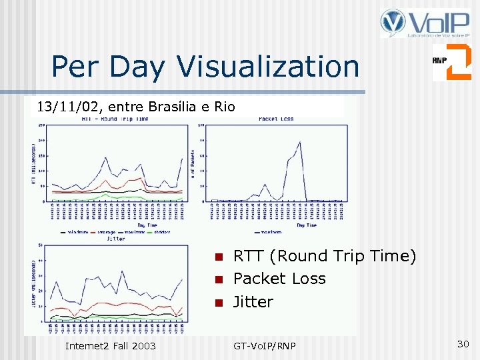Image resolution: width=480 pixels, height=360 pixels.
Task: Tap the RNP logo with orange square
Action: [x=451, y=62]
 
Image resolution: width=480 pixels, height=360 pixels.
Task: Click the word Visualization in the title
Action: [x=268, y=67]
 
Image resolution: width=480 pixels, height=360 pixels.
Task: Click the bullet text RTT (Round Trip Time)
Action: [x=325, y=256]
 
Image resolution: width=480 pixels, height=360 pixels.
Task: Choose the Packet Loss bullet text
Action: [x=279, y=279]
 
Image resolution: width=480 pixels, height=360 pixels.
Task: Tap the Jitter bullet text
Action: [x=253, y=301]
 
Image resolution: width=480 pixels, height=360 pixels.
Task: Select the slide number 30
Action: [x=463, y=344]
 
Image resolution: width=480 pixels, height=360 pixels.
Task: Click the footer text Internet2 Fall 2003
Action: [x=110, y=345]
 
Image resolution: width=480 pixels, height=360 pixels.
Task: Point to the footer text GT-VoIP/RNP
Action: [x=265, y=345]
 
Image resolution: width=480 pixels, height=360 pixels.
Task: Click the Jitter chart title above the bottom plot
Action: [x=115, y=238]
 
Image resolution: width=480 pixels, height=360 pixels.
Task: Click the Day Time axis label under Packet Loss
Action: [x=306, y=225]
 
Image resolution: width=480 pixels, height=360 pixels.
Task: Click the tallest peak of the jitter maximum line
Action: [x=121, y=271]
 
